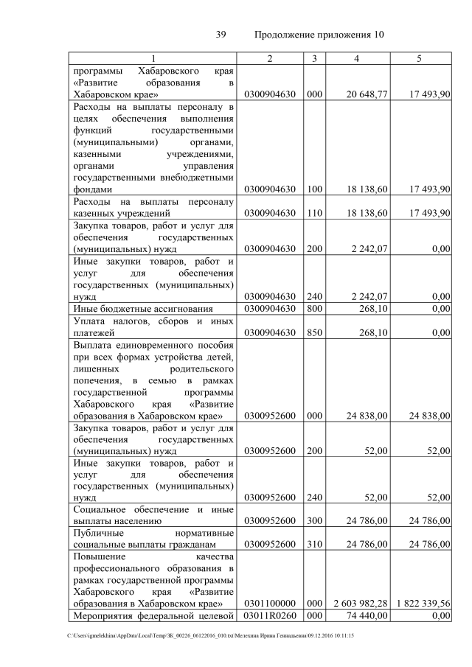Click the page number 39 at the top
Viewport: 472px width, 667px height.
(220, 35)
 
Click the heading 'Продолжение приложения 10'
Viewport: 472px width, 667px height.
(319, 35)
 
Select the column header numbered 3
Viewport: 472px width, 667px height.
(315, 58)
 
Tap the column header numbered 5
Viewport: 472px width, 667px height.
(419, 58)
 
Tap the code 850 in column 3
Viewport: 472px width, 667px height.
(315, 332)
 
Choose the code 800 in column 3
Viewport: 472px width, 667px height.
(315, 308)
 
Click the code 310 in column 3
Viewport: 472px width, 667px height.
(315, 544)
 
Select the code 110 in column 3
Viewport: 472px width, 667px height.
(315, 213)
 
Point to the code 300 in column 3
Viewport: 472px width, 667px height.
(315, 520)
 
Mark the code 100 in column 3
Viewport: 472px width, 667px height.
(315, 189)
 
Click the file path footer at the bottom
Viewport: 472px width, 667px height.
(211, 635)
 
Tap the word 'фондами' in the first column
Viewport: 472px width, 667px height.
(92, 189)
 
